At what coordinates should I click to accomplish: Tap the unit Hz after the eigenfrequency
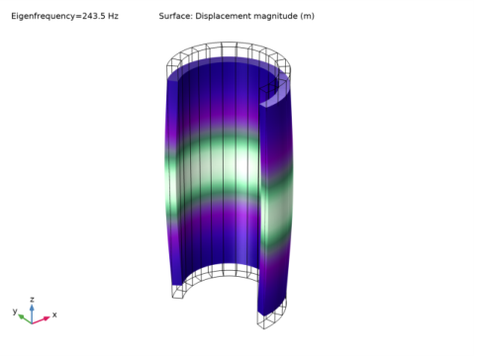(113, 16)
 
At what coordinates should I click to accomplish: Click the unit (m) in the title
(307, 16)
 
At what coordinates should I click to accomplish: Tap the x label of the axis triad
(54, 315)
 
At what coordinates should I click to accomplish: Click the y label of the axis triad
(15, 311)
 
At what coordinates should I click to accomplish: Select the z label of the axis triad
(32, 300)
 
